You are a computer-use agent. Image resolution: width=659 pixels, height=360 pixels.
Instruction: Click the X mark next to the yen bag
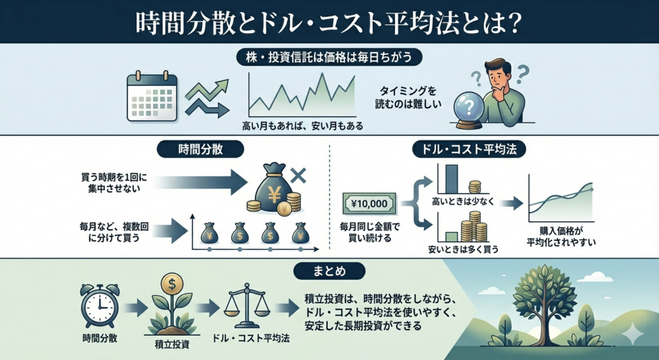tap(297, 175)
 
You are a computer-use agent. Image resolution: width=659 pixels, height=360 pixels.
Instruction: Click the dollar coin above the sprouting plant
tap(172, 282)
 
